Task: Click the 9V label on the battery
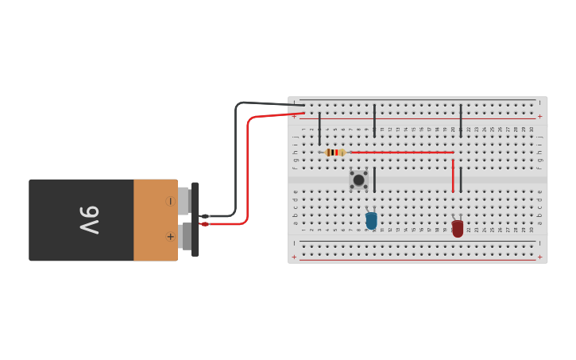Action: point(88,219)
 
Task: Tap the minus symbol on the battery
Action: point(170,201)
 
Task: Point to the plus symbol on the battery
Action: point(170,237)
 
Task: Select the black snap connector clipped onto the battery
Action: point(195,219)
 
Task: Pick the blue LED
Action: point(371,220)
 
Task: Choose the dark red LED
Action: point(458,228)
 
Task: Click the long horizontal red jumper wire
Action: point(401,152)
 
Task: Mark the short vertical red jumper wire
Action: point(453,176)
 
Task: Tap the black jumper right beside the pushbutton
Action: point(374,180)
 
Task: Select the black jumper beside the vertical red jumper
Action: point(461,180)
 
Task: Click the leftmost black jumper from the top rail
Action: point(319,128)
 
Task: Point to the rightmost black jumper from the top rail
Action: point(461,120)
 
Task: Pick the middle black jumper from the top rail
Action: point(374,120)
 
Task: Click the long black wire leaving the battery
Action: point(236,159)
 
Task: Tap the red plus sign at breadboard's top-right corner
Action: point(540,116)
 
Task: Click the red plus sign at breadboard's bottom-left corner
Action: point(294,257)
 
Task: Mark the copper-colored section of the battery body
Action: point(155,220)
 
